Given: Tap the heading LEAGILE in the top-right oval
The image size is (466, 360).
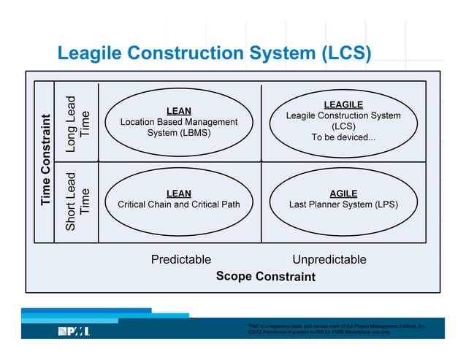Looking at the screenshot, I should [343, 104].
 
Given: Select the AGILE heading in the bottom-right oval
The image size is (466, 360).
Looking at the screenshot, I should [343, 194].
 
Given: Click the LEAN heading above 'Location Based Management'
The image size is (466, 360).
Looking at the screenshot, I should [179, 111].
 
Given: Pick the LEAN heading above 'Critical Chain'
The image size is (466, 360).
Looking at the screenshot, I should [179, 194].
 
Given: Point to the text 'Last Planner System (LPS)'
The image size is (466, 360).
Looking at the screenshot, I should [343, 204].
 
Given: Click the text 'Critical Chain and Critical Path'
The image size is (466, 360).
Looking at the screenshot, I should [179, 204].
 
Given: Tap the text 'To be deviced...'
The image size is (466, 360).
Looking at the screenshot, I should [343, 137].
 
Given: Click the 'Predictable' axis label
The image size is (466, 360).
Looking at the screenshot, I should [181, 259].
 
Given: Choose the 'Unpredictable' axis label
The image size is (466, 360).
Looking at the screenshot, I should [329, 259].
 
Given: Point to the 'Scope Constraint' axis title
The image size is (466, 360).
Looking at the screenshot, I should [266, 277].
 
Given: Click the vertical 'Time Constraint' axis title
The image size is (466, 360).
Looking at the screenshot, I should [46, 160].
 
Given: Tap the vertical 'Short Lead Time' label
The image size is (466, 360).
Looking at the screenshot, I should [77, 202].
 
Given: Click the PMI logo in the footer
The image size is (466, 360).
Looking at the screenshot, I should [74, 332].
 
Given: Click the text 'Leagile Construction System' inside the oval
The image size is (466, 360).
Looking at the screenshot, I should [343, 115].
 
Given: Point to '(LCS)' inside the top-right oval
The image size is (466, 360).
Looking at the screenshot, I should [343, 126].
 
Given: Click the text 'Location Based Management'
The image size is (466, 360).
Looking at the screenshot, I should [179, 122].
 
